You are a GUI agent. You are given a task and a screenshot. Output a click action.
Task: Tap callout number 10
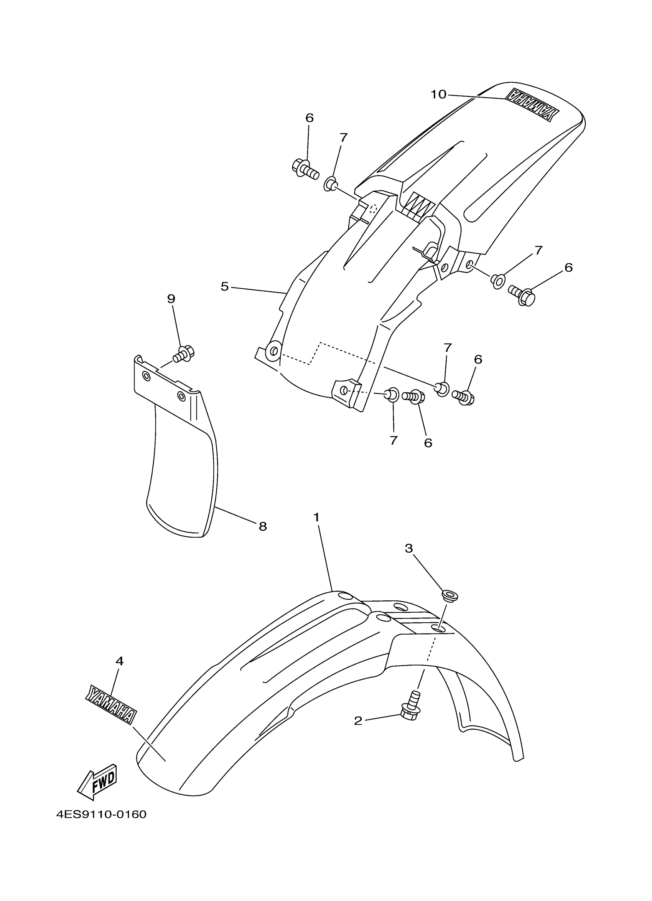click(x=438, y=94)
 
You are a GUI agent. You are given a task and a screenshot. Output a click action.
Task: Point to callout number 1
click(x=316, y=517)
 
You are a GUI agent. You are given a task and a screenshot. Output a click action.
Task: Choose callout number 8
click(x=263, y=527)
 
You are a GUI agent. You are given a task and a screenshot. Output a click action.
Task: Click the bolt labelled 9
click(x=183, y=354)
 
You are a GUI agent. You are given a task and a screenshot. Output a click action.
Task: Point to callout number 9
click(x=171, y=299)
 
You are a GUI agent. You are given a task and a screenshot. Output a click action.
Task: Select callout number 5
click(x=225, y=286)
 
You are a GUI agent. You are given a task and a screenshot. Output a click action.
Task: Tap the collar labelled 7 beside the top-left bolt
click(x=331, y=184)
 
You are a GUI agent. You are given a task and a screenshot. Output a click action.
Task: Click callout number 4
click(x=119, y=661)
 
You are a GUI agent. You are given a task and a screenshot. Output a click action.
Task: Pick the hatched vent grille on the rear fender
click(x=417, y=205)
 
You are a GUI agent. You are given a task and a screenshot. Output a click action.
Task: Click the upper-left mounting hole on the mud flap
click(x=147, y=376)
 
